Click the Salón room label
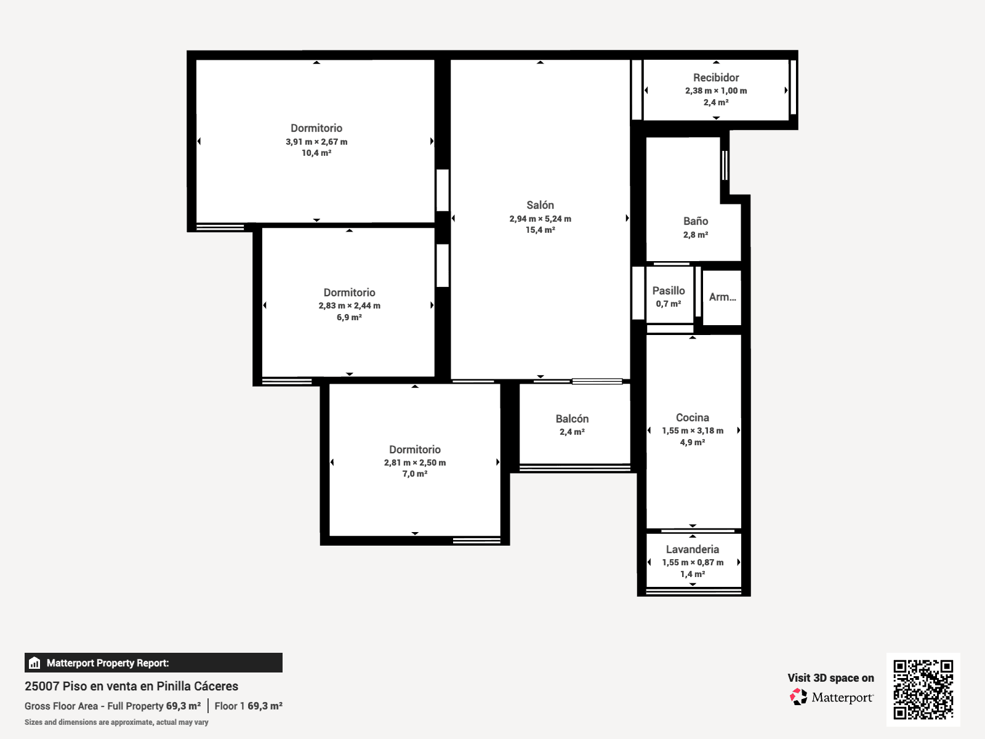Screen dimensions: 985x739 point(540,205)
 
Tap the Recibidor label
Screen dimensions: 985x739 point(716,78)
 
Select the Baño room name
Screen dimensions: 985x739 point(696,220)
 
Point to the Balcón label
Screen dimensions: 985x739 point(572,419)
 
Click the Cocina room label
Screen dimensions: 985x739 point(693,418)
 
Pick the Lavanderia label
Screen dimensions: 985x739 point(693,549)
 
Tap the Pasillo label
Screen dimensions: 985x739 point(669,291)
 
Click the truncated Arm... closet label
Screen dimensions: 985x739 point(723,297)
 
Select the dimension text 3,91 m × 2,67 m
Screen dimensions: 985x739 point(316,142)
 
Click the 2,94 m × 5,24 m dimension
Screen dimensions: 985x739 point(540,219)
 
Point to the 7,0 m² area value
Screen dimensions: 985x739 point(415,474)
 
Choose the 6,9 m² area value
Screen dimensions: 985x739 point(349,317)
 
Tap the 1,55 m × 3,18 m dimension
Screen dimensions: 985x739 point(693,430)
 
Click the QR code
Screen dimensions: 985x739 point(923,690)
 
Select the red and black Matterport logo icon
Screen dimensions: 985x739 point(798,697)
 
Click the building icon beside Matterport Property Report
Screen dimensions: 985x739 point(34,663)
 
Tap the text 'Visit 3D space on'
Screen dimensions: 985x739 point(830,678)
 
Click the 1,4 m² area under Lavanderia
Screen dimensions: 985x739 point(693,574)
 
